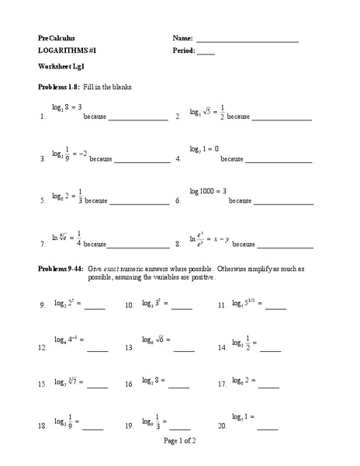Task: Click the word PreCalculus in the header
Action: point(57,38)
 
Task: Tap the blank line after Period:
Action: point(206,54)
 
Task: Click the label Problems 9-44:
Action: point(64,268)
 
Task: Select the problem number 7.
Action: point(41,245)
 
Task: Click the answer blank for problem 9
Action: point(94,308)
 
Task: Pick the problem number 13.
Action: point(130,349)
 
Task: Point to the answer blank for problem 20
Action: point(267,428)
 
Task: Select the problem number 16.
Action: point(130,384)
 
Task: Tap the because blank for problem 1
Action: point(138,120)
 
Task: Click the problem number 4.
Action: point(178,159)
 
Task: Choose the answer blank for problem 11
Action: point(275,308)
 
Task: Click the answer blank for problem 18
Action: point(92,428)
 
